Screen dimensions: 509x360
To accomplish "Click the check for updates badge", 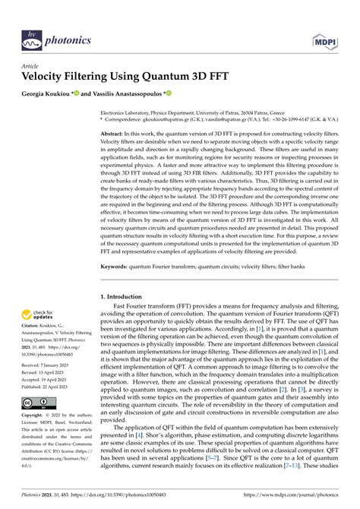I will pos(36,315).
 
